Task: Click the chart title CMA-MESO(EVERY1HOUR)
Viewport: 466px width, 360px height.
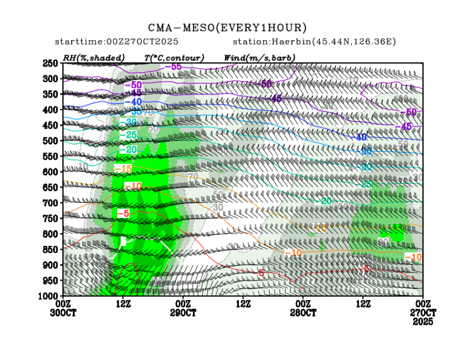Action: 227,28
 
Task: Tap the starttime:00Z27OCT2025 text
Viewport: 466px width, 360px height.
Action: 116,42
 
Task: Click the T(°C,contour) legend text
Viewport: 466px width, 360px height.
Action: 174,57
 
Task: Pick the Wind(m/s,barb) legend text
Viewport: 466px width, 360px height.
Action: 259,57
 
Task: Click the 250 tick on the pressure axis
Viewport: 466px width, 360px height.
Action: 51,63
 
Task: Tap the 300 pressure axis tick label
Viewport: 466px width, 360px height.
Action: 51,79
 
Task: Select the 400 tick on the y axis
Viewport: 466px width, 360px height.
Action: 51,110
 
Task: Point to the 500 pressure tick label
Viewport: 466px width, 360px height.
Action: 51,141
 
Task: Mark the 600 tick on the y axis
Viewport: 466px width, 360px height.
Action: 51,172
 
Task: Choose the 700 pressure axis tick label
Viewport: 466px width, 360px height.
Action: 51,203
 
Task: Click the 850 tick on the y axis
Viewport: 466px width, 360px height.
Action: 51,249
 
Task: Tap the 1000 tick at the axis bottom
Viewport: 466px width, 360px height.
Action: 49,296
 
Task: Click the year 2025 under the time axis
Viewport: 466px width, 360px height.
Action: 424,321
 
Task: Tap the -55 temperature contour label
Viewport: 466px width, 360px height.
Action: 176,67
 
